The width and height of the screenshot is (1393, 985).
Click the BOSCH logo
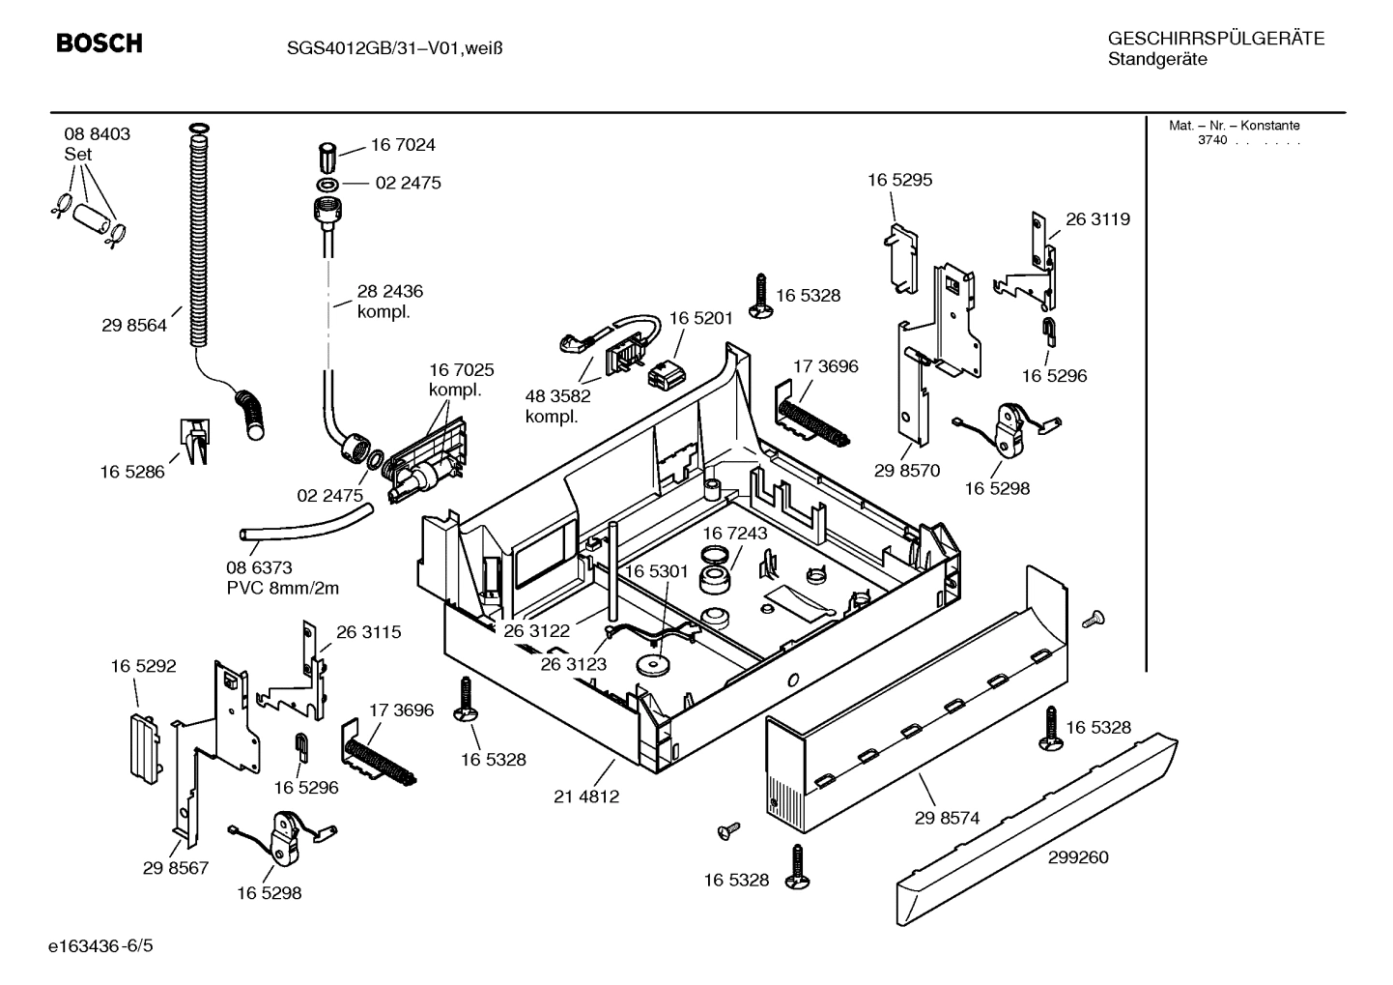99,43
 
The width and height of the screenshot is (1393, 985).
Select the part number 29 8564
134,326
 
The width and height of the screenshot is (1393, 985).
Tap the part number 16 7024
403,145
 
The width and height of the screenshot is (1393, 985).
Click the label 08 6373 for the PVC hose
259,568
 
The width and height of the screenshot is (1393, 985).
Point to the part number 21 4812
586,797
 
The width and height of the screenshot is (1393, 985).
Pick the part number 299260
1077,857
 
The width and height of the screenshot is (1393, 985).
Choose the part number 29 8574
947,818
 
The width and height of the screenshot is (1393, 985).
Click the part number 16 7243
734,534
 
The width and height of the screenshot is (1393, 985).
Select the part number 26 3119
1097,219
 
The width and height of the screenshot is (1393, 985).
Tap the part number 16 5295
899,180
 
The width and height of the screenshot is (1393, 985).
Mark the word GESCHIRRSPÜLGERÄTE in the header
1216,39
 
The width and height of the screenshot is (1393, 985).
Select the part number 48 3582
558,395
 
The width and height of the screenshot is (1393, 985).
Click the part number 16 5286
132,472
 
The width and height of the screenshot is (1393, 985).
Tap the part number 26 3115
369,632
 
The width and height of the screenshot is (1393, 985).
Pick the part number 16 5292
143,666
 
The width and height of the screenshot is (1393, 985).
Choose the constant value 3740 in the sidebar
1212,140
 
